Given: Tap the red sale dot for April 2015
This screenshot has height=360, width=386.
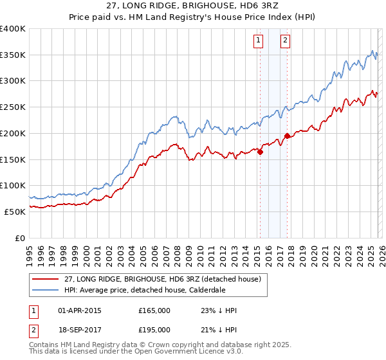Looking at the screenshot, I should click(x=260, y=152).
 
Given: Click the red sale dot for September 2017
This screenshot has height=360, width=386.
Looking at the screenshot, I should click(x=287, y=136).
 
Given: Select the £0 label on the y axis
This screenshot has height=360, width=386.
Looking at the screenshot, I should click(x=20, y=238).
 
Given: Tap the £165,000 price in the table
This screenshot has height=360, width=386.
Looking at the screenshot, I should click(x=154, y=310).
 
